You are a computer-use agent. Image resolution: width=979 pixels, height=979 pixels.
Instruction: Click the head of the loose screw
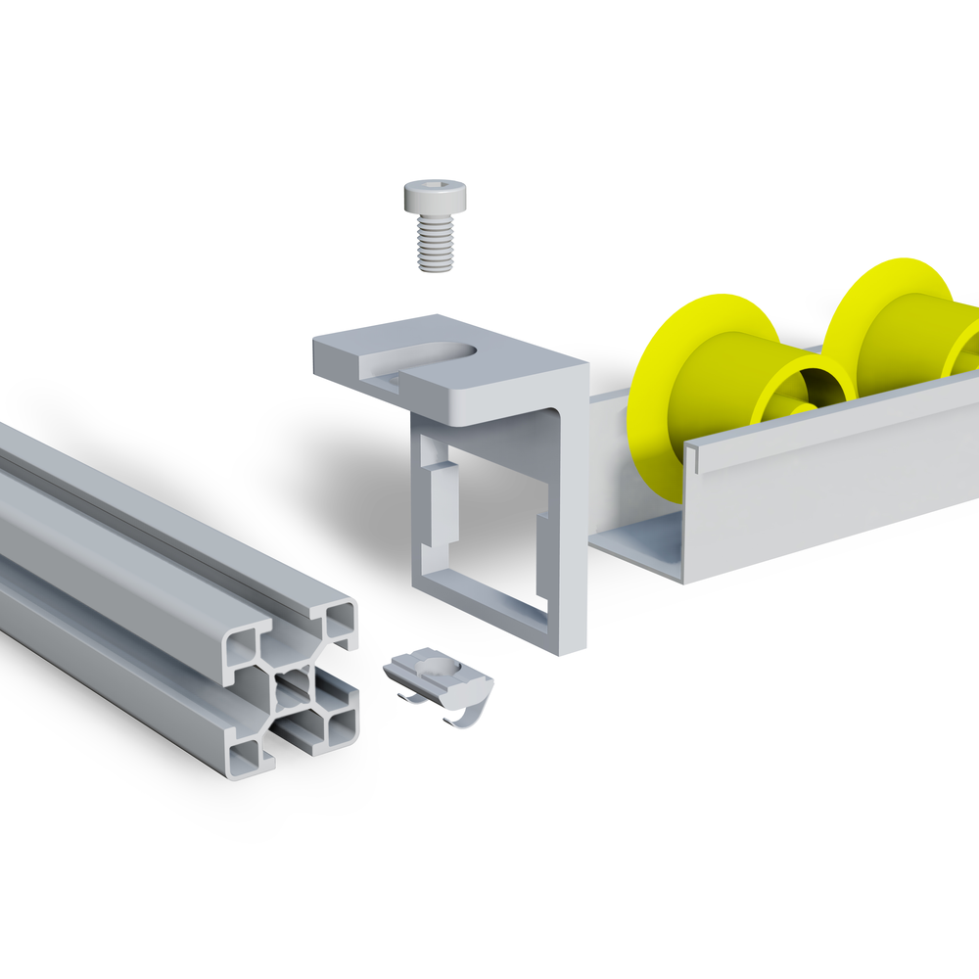[434, 197]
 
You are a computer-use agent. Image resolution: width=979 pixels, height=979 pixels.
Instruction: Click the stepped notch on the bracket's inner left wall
[441, 499]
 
